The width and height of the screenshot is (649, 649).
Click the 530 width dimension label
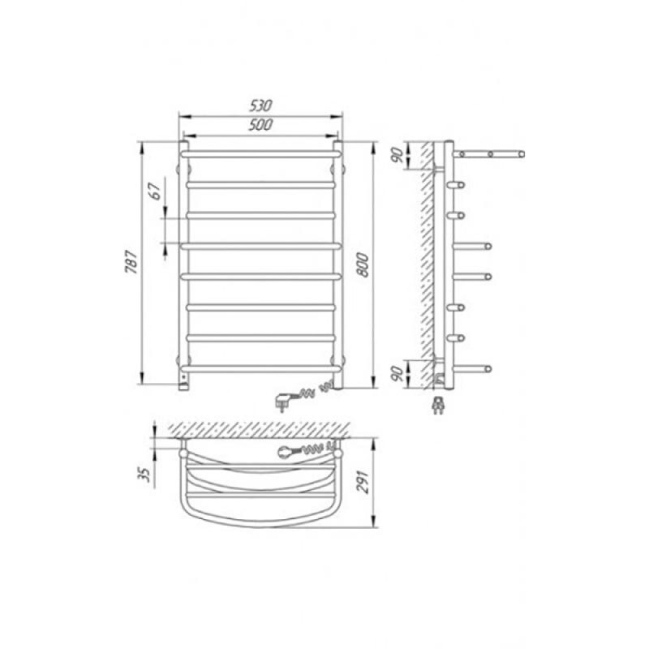click(260, 106)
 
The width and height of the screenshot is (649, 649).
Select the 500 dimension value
click(260, 125)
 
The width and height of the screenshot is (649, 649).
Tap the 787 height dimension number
click(131, 261)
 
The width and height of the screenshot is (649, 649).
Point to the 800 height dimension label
click(363, 264)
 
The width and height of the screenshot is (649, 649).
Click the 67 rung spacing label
click(155, 191)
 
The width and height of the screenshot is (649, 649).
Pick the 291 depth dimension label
click(363, 482)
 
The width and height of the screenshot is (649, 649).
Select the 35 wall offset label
click(144, 475)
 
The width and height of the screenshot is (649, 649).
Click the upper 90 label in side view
click(398, 155)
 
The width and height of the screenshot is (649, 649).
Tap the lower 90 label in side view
click(398, 374)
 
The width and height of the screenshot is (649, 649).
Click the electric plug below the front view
click(282, 402)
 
